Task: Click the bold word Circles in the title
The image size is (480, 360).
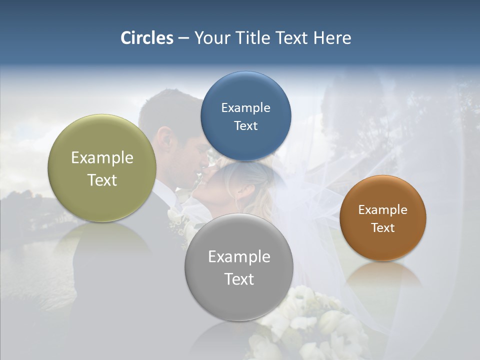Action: pyautogui.click(x=147, y=38)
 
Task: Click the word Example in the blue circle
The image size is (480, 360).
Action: pyautogui.click(x=245, y=108)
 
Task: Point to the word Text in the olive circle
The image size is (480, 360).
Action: pyautogui.click(x=102, y=180)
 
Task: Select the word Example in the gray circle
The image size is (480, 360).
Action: pyautogui.click(x=239, y=257)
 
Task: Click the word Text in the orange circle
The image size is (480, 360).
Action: pyautogui.click(x=383, y=228)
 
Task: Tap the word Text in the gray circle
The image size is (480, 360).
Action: pyautogui.click(x=239, y=279)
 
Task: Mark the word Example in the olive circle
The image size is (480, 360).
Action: pyautogui.click(x=102, y=158)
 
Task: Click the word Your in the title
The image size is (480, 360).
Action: pyautogui.click(x=210, y=38)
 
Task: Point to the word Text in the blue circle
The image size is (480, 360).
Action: pyautogui.click(x=245, y=126)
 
